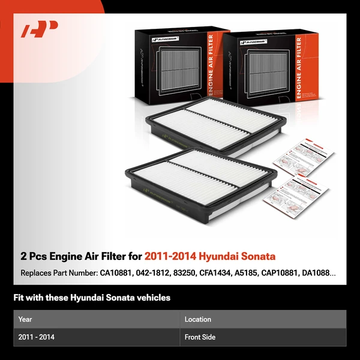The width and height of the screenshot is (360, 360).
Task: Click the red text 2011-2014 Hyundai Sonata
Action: (210, 256)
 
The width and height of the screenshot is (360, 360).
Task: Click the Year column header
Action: (25, 319)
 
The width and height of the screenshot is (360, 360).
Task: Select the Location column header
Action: (198, 319)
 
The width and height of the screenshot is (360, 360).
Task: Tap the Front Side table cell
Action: (200, 337)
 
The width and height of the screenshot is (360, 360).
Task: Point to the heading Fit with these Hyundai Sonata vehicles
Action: (92, 298)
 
